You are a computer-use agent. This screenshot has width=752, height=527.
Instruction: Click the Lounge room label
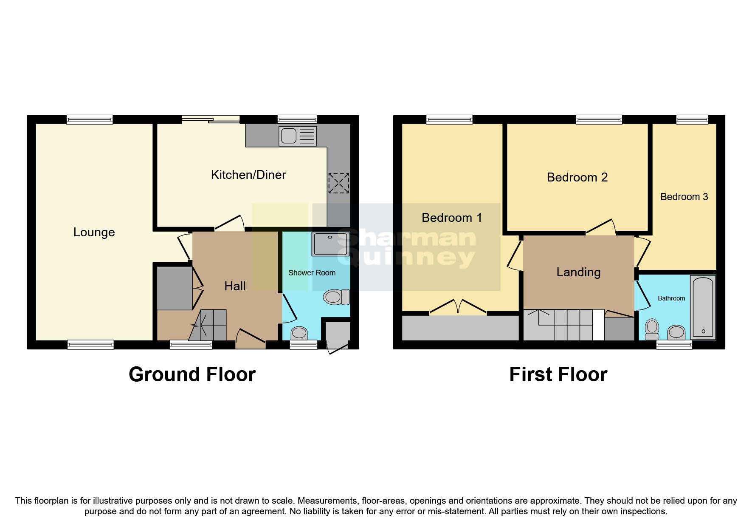point(94,232)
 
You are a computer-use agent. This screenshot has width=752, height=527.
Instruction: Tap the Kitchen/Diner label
point(248,175)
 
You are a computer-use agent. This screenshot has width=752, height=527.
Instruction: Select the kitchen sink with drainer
point(298,136)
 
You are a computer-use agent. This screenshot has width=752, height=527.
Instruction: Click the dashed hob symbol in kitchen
point(338,183)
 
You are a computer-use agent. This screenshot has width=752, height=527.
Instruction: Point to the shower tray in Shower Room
point(330,244)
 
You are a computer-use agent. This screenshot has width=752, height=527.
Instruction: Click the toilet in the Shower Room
point(336,297)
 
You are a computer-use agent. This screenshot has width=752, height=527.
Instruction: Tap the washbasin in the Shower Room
point(300,333)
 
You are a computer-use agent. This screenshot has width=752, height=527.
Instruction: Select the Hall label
point(235,286)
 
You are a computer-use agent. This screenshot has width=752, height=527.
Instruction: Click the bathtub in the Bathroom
point(703,307)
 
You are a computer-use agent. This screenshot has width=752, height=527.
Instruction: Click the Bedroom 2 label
point(577,177)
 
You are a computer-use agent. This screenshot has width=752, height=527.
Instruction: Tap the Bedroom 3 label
point(684,197)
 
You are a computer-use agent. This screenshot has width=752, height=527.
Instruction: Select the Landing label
point(578,272)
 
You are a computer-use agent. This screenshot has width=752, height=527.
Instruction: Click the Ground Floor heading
point(192,374)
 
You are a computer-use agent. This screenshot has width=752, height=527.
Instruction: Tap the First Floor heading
point(558,374)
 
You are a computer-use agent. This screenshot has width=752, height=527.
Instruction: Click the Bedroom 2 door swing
point(602,227)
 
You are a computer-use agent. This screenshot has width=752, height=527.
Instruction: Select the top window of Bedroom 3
point(692,120)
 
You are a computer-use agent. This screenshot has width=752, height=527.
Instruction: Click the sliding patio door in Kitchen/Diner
point(211,120)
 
